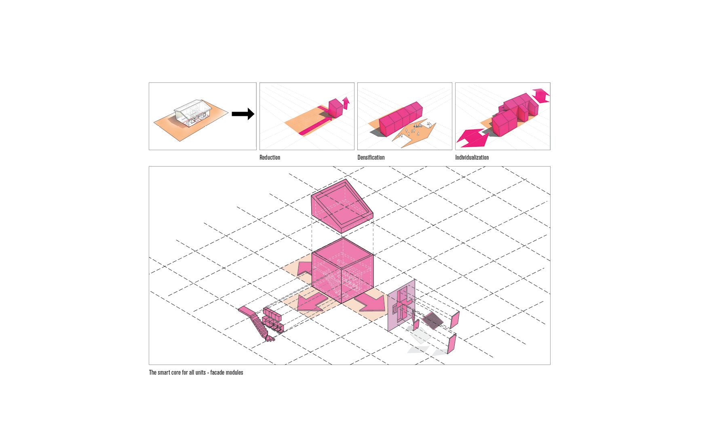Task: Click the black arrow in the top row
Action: click(x=243, y=114)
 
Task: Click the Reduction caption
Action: click(x=270, y=157)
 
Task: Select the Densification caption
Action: click(x=371, y=157)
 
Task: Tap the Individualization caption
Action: click(x=472, y=157)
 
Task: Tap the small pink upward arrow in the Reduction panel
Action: click(x=346, y=103)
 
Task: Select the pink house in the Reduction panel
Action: click(x=334, y=108)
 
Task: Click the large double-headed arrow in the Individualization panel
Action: click(x=473, y=138)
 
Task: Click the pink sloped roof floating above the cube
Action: click(x=342, y=206)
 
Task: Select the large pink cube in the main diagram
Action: click(x=342, y=270)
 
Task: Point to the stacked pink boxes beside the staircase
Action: click(x=274, y=320)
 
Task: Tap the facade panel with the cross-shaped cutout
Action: click(x=401, y=305)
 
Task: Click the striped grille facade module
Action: click(x=433, y=320)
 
